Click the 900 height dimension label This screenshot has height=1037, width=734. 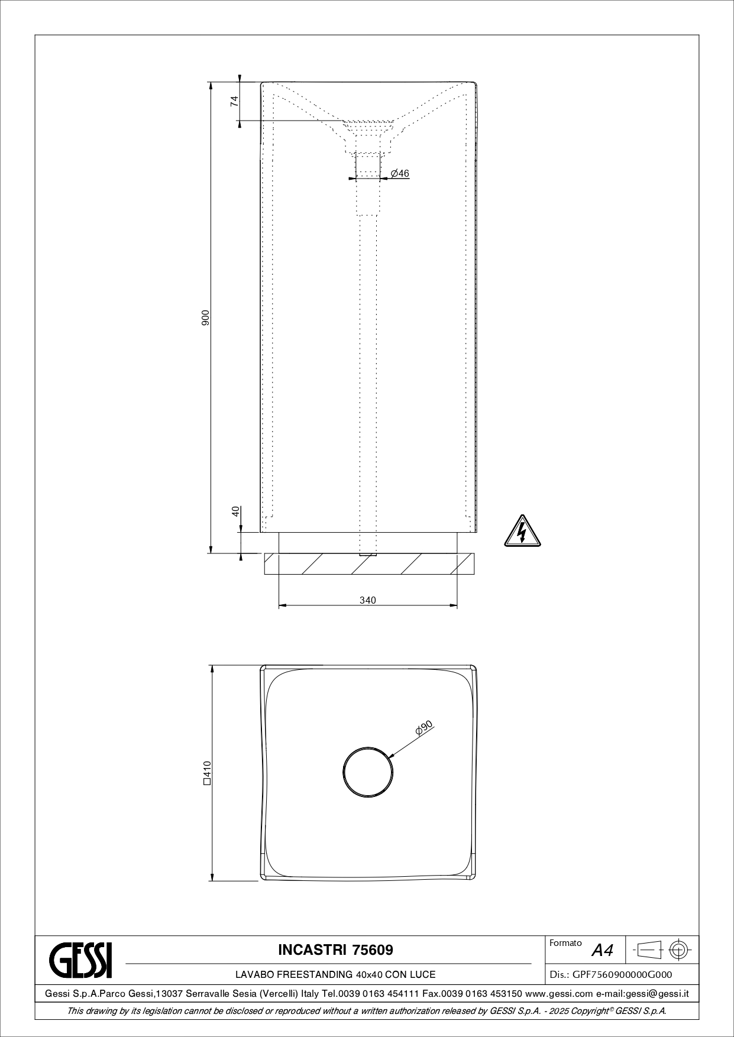pyautogui.click(x=205, y=318)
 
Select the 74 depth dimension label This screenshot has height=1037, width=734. pyautogui.click(x=235, y=101)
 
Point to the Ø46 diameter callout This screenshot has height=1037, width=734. pyautogui.click(x=400, y=173)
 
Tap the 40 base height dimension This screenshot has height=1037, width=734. pyautogui.click(x=235, y=511)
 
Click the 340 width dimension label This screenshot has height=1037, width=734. pyautogui.click(x=368, y=600)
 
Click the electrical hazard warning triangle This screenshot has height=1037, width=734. pyautogui.click(x=522, y=531)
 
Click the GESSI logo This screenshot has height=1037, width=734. pyautogui.click(x=80, y=960)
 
